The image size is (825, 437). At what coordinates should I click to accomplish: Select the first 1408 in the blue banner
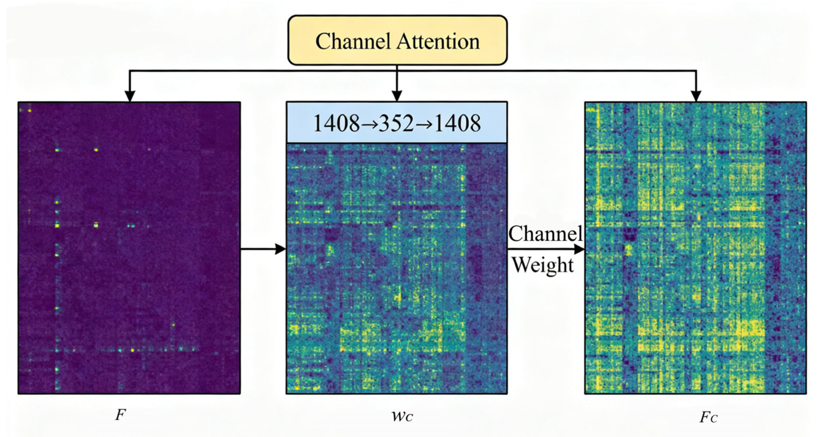point(336,123)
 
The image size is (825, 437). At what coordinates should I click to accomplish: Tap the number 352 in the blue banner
point(396,123)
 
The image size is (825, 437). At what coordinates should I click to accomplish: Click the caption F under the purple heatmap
point(120,416)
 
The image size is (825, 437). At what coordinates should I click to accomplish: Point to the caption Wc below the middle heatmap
point(401,416)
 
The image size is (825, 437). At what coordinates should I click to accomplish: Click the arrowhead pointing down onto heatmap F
point(130,96)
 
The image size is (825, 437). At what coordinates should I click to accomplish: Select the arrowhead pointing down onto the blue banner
point(397,96)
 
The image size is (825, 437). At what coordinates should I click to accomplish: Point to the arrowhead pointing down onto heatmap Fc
point(696,96)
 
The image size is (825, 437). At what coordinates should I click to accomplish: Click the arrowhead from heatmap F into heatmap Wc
point(280,249)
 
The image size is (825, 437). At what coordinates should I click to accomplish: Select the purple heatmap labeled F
point(129,248)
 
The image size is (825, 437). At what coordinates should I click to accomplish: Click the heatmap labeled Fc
point(695,248)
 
